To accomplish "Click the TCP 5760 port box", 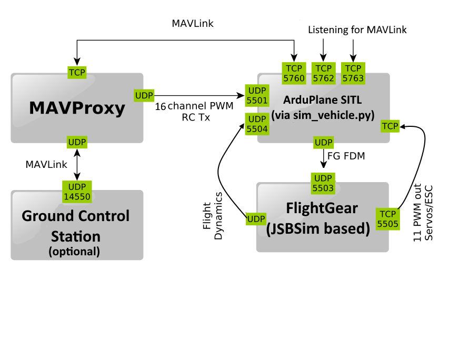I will pos(294,73).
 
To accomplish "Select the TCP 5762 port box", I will pos(323,73).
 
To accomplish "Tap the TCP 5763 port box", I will pos(353,73).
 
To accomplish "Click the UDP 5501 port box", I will pos(257,95).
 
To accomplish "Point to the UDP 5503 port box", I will pos(323,182).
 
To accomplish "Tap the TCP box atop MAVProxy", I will pos(77,72).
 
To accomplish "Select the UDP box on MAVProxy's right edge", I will pos(144,95).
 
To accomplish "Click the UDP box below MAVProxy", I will pos(77,142).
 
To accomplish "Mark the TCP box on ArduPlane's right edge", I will pos(390,126).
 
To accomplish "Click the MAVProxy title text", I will pos(77,108).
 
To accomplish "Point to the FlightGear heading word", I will pos(323,207).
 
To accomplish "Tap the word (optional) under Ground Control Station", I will pos(74,251).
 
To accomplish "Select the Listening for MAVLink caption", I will pos(357,31).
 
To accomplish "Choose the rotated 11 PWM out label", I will pos(424,212).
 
